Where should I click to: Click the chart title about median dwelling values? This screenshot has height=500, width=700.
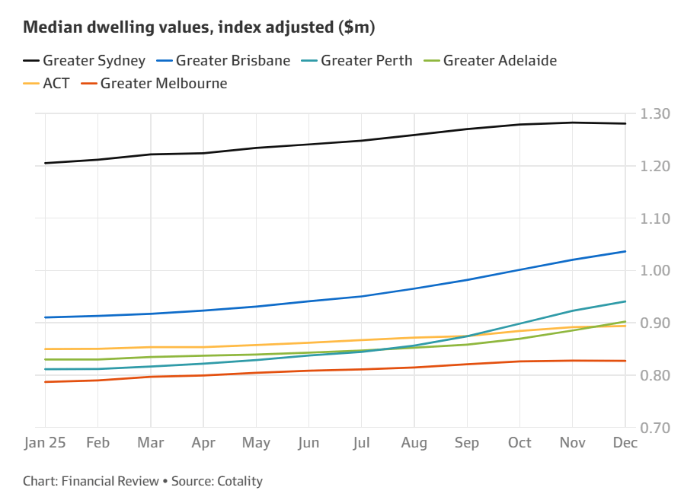[200, 27]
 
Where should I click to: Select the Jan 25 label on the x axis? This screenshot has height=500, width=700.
[45, 444]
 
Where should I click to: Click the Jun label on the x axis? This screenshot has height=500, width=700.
[308, 444]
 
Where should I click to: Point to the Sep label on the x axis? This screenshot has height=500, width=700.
[467, 444]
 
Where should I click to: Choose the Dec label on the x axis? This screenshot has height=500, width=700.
[625, 444]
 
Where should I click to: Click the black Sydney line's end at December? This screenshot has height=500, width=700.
[625, 123]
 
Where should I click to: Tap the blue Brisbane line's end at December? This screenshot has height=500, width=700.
[625, 251]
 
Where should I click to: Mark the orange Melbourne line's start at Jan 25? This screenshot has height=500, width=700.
[45, 381]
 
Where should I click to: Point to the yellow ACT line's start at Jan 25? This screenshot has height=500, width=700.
[45, 349]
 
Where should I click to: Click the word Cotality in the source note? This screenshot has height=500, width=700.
[240, 481]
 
